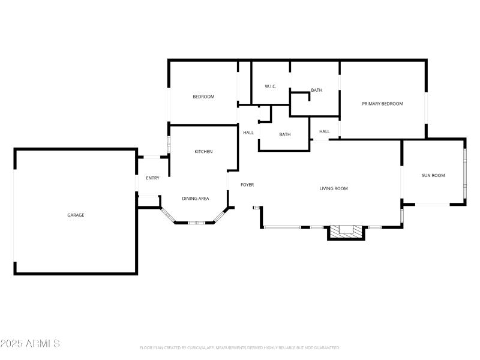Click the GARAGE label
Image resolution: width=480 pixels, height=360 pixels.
coord(76,215)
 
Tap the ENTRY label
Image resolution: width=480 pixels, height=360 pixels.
coord(152,178)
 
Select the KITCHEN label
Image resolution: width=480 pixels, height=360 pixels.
coord(203,152)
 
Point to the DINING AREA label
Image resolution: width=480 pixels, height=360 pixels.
coord(196,198)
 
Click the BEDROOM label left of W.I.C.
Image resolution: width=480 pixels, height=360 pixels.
coord(203,97)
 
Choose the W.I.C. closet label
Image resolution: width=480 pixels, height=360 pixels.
coord(271,86)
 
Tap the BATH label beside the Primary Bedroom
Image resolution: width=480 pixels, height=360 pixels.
coord(316,91)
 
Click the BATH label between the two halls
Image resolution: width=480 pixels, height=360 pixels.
coord(285,134)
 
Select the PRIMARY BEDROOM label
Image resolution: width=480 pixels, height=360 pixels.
coord(382,104)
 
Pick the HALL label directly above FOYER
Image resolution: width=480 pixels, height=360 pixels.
coord(248,133)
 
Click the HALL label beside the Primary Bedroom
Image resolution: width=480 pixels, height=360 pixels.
coord(324,131)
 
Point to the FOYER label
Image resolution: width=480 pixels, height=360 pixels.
coord(247,185)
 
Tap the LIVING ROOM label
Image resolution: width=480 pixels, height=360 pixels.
coord(334,188)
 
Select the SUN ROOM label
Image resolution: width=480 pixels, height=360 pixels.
coord(433,175)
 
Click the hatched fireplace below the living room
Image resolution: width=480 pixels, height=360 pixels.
coord(346,231)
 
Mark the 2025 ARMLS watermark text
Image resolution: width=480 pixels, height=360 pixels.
coord(30,344)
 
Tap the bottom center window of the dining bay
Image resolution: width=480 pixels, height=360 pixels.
coord(196,223)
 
